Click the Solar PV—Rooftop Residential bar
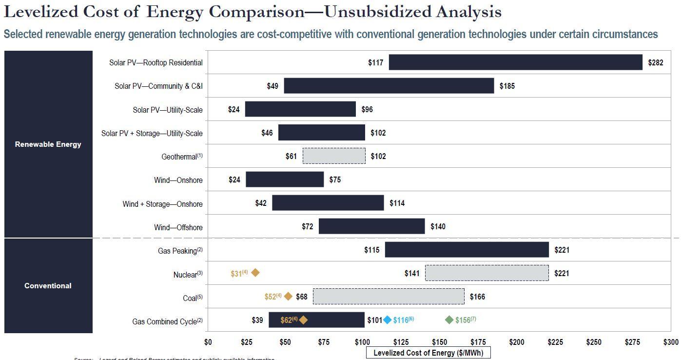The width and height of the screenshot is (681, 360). click(x=515, y=62)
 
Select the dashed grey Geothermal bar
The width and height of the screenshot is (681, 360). click(x=334, y=156)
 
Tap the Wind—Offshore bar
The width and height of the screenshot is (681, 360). click(x=371, y=226)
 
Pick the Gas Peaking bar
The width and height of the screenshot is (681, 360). click(x=467, y=250)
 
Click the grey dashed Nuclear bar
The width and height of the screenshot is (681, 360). click(x=486, y=273)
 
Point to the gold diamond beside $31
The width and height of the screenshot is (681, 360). click(x=255, y=273)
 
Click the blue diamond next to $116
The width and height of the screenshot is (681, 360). click(x=387, y=320)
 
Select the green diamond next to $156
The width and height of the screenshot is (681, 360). click(x=449, y=320)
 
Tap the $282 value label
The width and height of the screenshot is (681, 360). click(x=655, y=62)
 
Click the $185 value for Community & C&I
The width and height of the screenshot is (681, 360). click(x=507, y=86)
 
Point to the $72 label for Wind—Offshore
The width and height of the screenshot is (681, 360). click(x=307, y=226)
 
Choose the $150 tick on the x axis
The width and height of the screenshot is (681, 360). click(x=440, y=342)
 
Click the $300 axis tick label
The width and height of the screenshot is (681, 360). click(x=670, y=342)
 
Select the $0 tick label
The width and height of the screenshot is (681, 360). click(x=208, y=342)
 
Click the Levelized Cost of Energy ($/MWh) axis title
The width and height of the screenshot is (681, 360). click(x=428, y=353)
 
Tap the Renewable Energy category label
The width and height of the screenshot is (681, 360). click(x=48, y=144)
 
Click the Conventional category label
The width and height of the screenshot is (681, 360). click(x=48, y=286)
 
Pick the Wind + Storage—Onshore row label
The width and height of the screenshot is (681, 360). click(x=162, y=204)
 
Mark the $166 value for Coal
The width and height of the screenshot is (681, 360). click(x=477, y=297)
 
